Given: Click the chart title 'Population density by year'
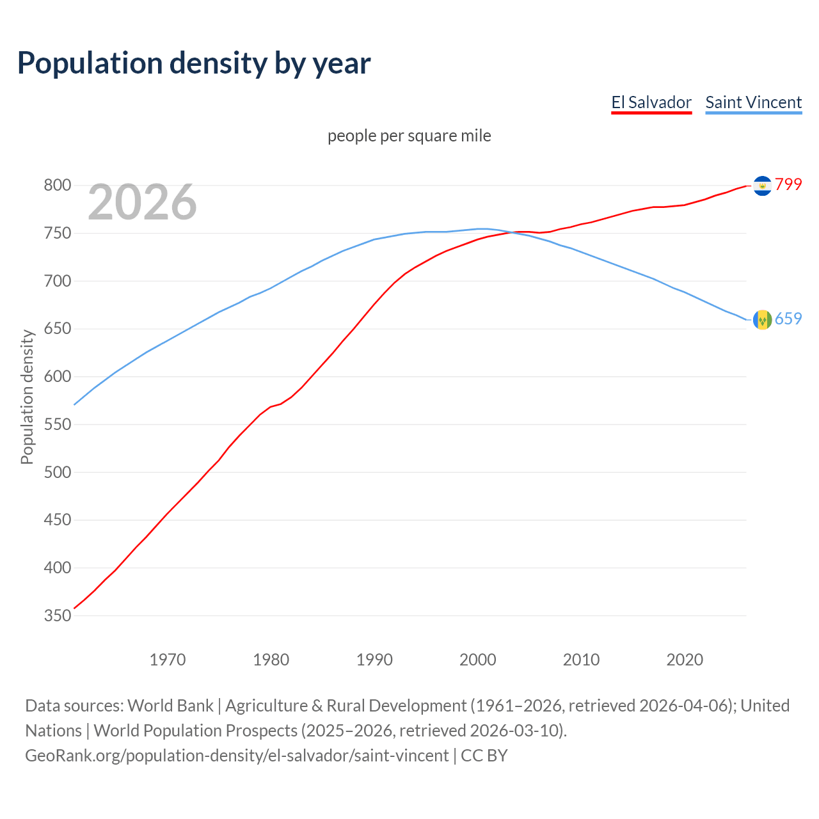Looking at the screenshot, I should [x=194, y=63].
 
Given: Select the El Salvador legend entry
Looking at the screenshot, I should [x=651, y=102].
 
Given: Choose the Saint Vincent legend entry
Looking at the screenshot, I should [x=753, y=102].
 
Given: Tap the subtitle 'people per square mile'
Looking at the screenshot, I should [x=409, y=136].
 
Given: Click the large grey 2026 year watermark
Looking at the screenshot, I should [x=142, y=202].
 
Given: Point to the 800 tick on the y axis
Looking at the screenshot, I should [x=57, y=186].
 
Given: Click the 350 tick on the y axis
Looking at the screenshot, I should [x=57, y=616].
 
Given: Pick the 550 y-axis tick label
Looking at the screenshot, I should [x=57, y=424].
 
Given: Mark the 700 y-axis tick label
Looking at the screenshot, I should [x=57, y=281].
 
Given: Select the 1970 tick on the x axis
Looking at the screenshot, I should [x=168, y=660].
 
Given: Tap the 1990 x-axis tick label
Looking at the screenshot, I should [x=374, y=660].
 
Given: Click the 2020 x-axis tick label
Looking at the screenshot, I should [x=685, y=660].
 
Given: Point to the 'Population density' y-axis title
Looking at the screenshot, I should [x=27, y=397].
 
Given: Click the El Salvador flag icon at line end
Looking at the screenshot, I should [x=762, y=186].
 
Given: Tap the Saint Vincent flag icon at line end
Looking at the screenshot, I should [x=762, y=319].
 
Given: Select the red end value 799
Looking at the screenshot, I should [x=788, y=184].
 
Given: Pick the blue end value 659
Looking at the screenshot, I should [x=788, y=319].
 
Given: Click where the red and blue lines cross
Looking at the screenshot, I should [x=513, y=232].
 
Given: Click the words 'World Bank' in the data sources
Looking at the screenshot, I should [x=170, y=706].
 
